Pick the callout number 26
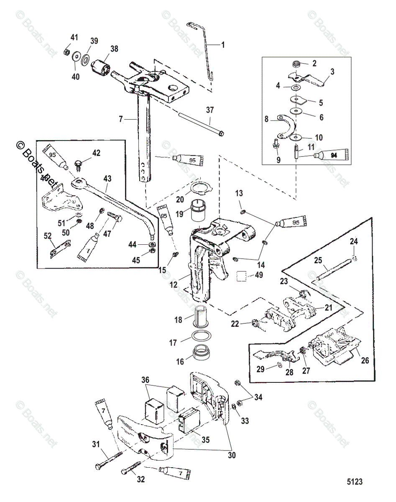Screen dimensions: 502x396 pos(365,359)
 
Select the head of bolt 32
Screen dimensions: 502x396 pos(124,472)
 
